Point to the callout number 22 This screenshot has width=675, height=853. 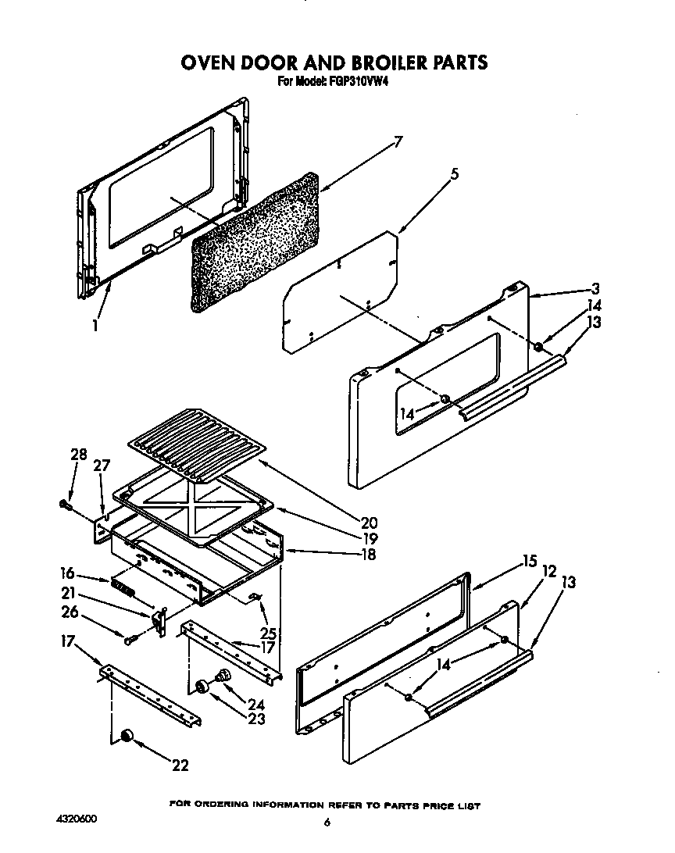pos(180,766)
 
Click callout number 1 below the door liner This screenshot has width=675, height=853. pos(95,326)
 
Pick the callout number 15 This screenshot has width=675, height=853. pos(530,560)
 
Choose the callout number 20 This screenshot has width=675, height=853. pos(370,523)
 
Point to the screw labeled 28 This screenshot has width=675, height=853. pos(66,506)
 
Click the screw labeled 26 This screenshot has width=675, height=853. pos(130,639)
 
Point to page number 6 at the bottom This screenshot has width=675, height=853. pos(329,822)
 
